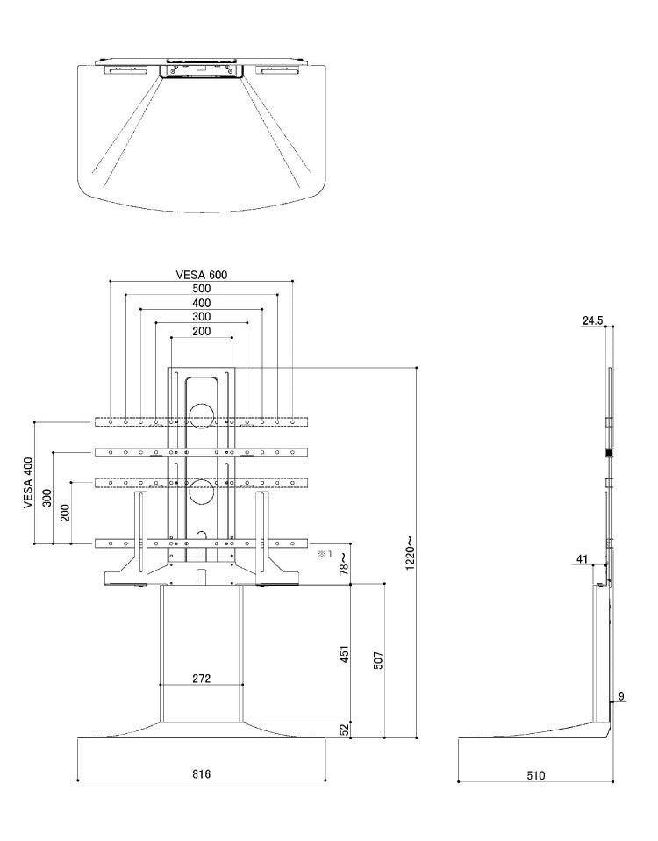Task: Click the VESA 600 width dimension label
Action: click(201, 274)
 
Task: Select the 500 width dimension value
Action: click(201, 288)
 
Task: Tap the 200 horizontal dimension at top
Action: click(201, 330)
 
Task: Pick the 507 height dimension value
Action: click(378, 659)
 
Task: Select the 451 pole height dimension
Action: click(345, 654)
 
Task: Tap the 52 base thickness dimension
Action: click(345, 728)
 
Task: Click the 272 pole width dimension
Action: click(202, 678)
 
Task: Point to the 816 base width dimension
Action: click(203, 773)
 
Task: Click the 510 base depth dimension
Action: click(535, 774)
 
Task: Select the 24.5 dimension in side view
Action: click(592, 321)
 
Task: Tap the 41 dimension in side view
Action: click(583, 558)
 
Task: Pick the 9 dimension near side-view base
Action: click(620, 696)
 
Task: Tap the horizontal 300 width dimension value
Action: click(201, 316)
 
